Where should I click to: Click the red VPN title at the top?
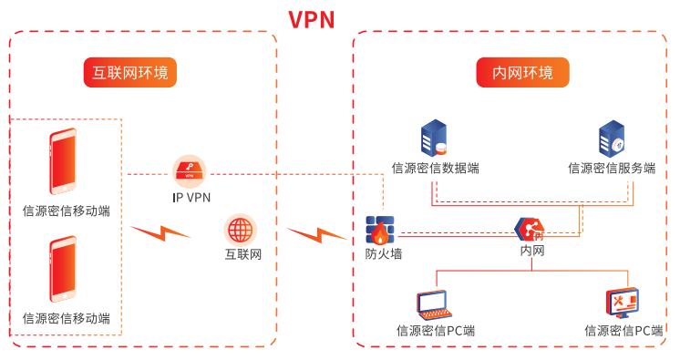[312, 19]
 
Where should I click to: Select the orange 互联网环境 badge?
[130, 73]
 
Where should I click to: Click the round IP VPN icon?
[190, 170]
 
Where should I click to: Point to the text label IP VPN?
[191, 197]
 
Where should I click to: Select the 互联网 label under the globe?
[242, 254]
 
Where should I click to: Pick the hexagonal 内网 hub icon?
[529, 230]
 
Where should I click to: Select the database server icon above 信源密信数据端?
[434, 139]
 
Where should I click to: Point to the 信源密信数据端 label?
[435, 168]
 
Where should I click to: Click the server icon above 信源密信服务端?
[611, 139]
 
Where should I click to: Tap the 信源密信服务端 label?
[612, 168]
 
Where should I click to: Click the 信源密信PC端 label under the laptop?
[436, 331]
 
